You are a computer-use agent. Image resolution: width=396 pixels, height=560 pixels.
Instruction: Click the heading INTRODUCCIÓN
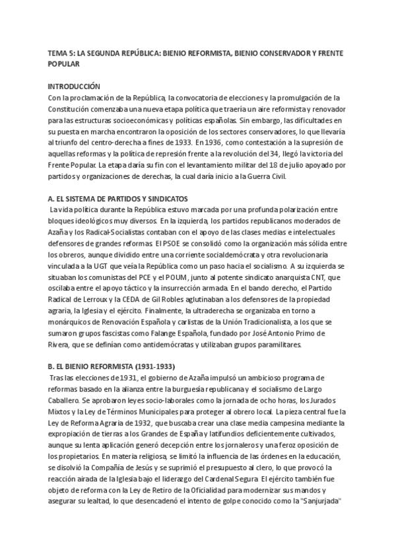coord(74,87)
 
